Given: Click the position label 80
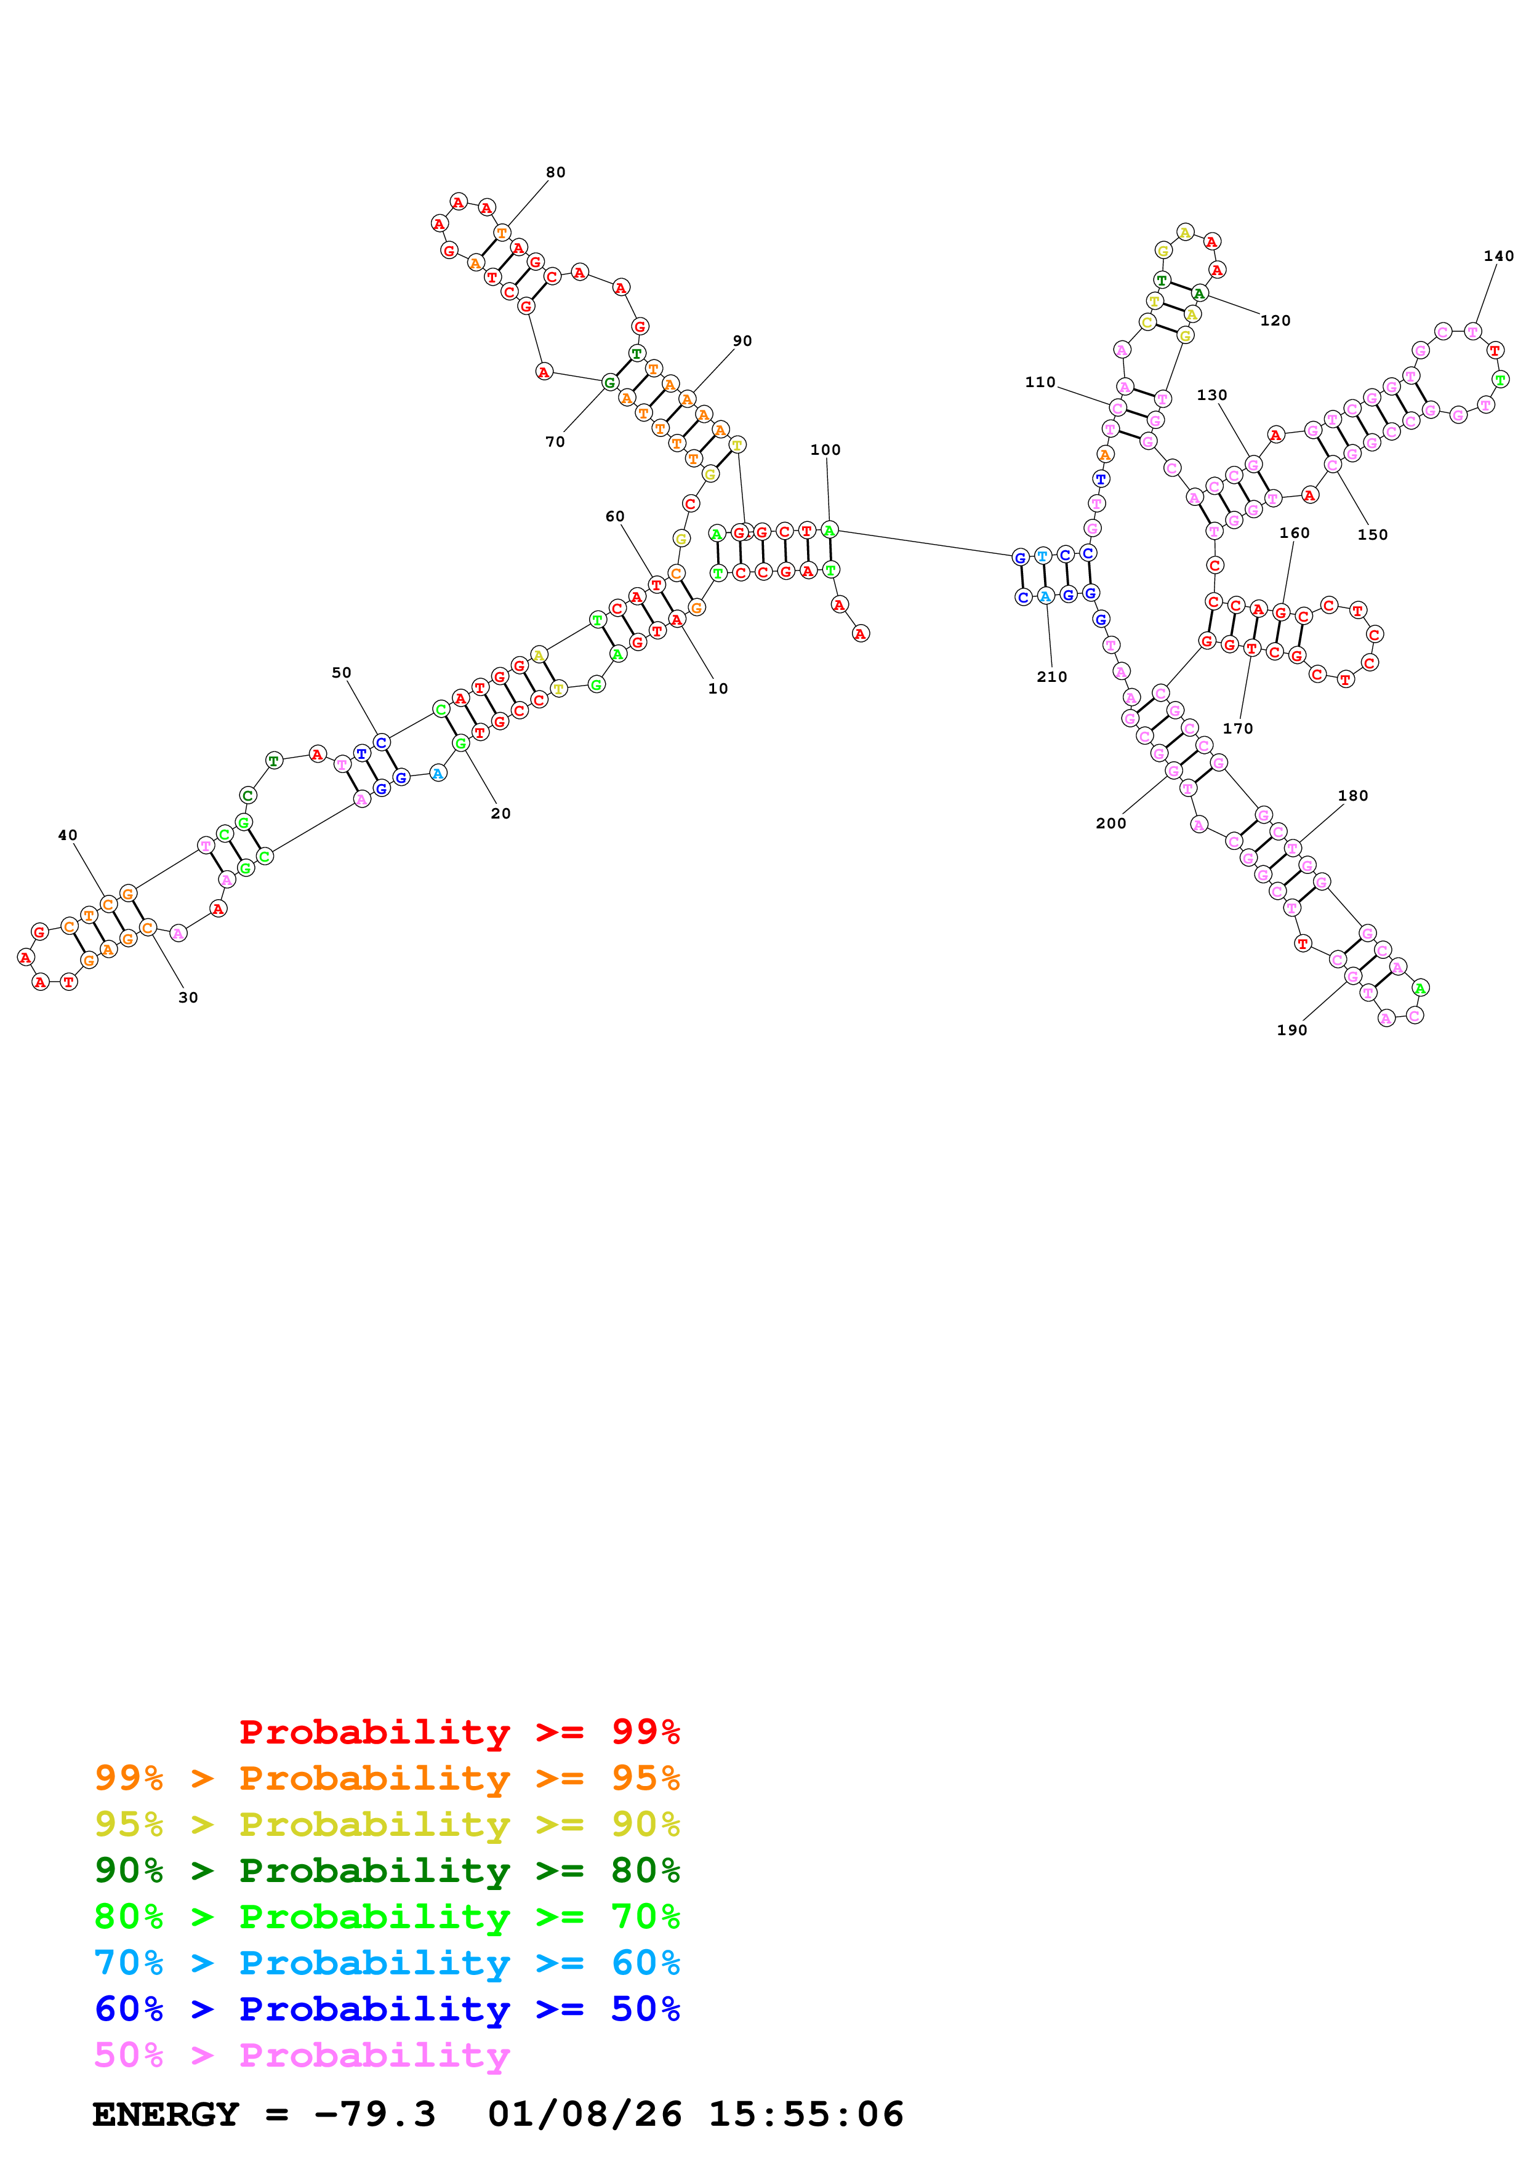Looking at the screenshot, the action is point(556,172).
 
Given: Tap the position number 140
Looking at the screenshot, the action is point(1498,256).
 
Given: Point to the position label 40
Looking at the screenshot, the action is point(68,835).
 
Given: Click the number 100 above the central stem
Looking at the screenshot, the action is point(825,449).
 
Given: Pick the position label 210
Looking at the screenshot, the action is point(1051,677).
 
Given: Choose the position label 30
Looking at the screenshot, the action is point(188,998).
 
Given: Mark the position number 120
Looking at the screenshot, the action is point(1275,321).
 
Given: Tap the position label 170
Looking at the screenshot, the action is point(1237,729).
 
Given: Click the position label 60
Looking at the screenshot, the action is point(615,516).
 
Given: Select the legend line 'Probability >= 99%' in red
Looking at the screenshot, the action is point(459,1731).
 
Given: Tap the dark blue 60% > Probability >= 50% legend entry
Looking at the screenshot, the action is point(387,2009).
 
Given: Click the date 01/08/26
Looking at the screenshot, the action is point(584,2114).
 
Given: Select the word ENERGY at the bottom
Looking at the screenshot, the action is point(166,2114).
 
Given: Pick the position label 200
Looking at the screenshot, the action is point(1110,823).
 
